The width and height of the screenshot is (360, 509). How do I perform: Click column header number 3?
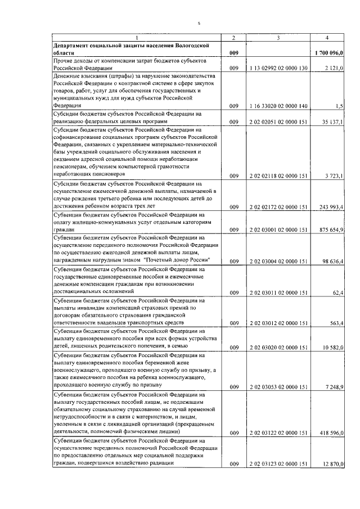coord(278,37)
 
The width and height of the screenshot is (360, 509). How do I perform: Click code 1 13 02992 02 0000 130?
coord(278,68)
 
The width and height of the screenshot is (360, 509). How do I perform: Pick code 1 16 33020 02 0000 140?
coord(278,106)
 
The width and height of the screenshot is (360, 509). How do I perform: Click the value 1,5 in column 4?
coord(339,106)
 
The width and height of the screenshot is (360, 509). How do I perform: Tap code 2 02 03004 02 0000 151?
coord(278,261)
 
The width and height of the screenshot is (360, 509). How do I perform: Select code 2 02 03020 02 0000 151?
coord(278,347)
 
